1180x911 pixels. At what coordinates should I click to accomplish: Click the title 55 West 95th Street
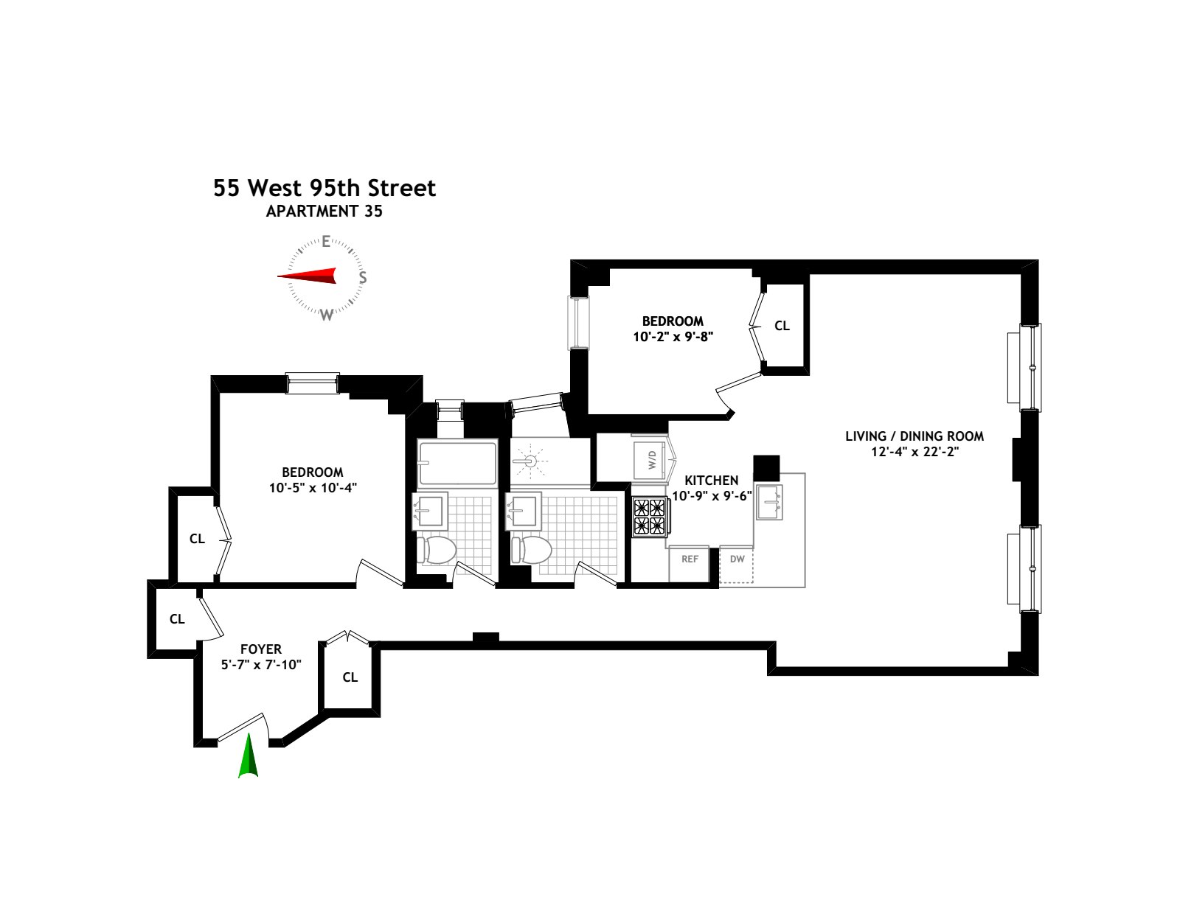[324, 188]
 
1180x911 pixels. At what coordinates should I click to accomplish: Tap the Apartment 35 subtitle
[324, 211]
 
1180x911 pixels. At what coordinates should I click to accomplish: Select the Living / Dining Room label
[914, 436]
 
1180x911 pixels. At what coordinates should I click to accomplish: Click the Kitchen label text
[711, 481]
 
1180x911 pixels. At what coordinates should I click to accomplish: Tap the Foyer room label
[261, 649]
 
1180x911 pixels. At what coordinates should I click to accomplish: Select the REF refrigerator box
[690, 559]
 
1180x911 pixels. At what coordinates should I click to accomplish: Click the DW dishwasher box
[737, 559]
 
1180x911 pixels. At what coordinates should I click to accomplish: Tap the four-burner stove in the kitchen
[649, 516]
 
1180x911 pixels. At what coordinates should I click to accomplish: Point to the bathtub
[457, 463]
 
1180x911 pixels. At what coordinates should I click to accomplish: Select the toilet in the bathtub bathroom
[437, 549]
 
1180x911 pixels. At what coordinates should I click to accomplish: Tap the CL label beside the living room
[782, 326]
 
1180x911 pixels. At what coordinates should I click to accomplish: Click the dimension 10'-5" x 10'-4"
[313, 487]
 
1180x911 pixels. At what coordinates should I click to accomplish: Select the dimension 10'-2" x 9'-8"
[673, 336]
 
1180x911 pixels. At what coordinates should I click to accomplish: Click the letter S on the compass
[362, 278]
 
